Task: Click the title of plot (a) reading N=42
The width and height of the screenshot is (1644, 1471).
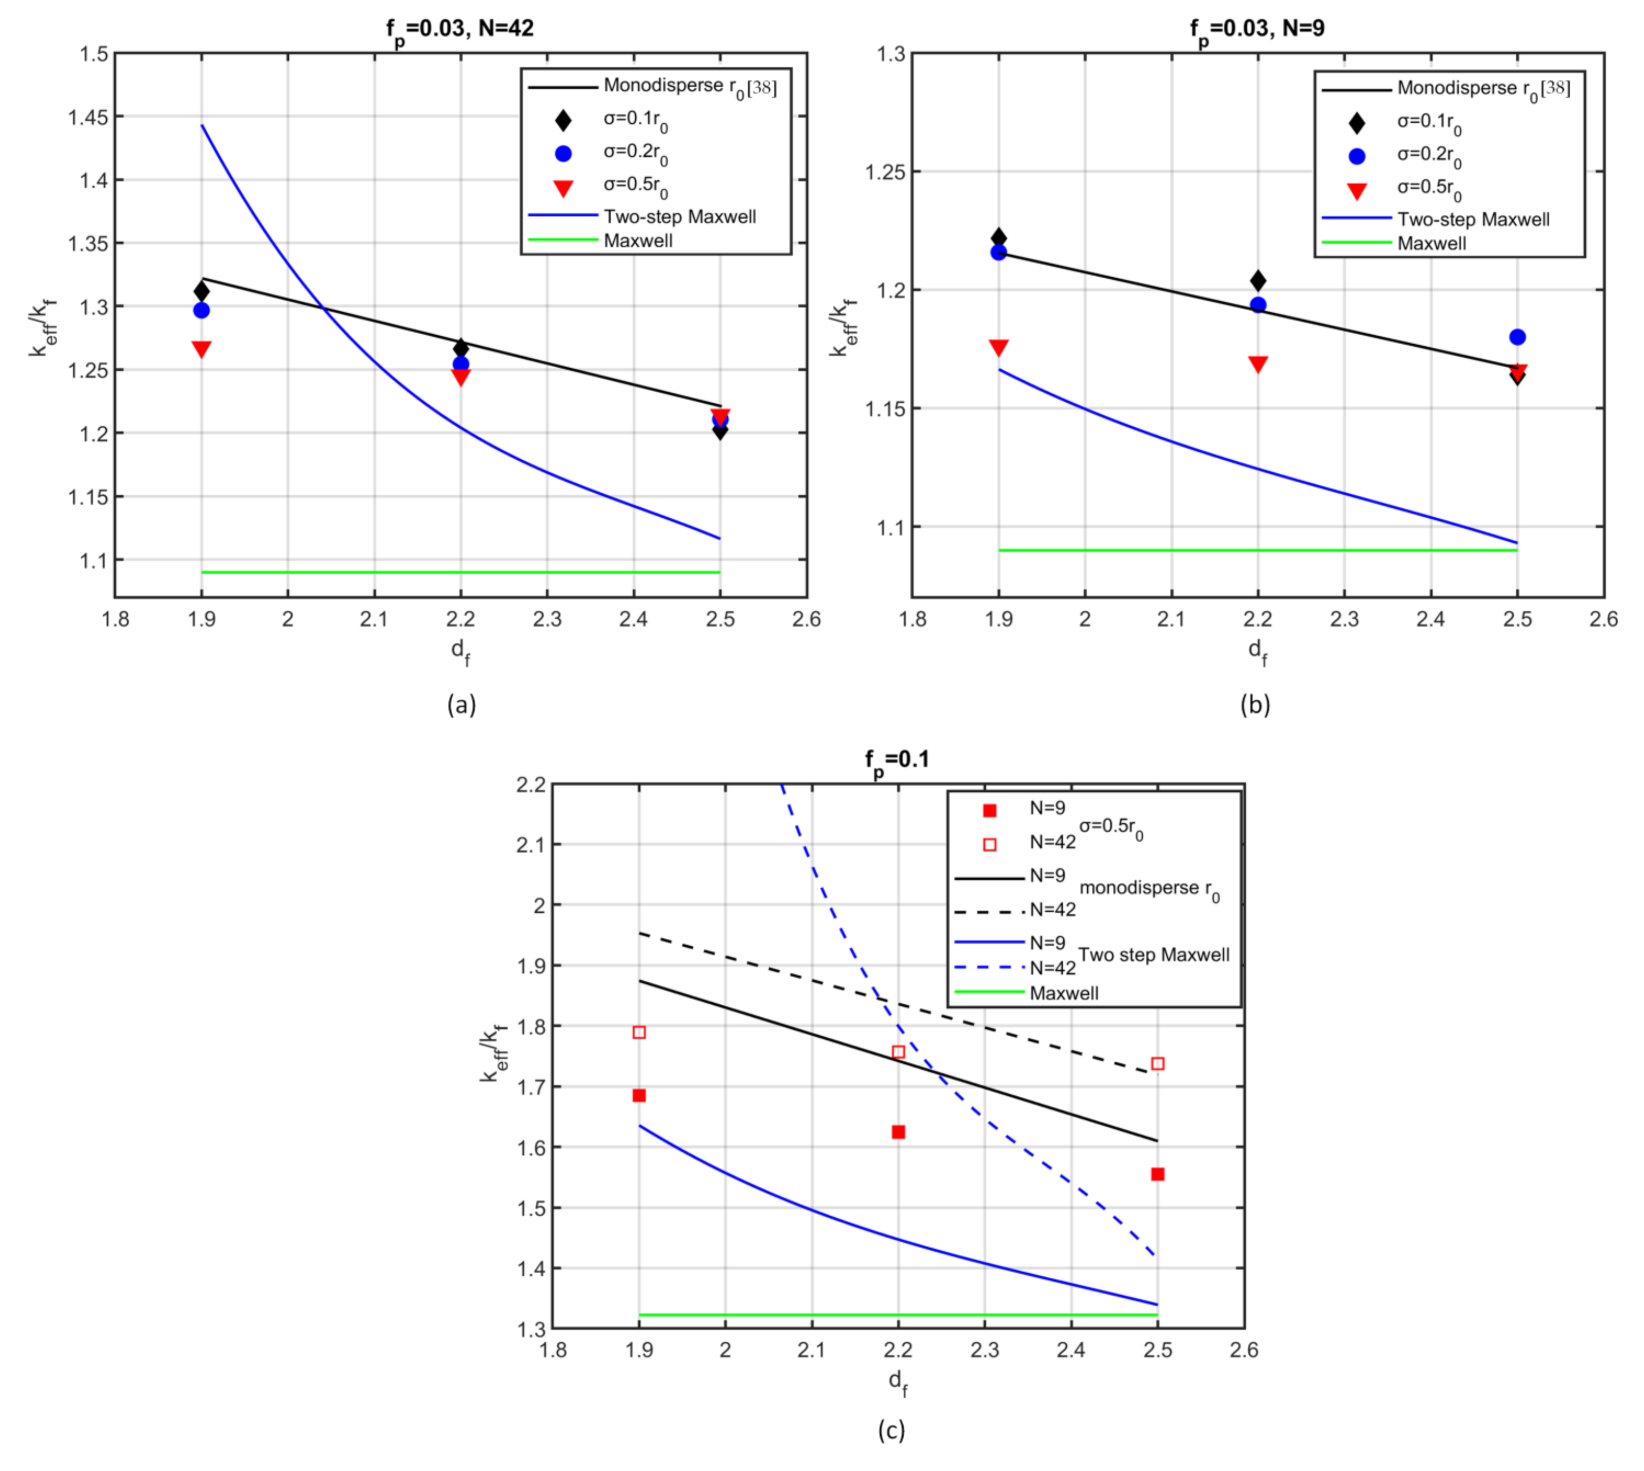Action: [459, 29]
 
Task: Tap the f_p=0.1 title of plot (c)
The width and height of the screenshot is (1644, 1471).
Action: [897, 760]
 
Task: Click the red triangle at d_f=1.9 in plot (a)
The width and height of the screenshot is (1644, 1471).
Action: [201, 349]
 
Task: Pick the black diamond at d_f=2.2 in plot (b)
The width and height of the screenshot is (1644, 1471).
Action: [1258, 281]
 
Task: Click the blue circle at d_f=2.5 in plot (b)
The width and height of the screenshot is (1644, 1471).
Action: [1517, 337]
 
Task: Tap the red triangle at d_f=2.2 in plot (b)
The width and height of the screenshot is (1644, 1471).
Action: [1258, 364]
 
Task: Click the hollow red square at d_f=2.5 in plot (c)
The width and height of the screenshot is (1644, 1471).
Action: [1157, 1063]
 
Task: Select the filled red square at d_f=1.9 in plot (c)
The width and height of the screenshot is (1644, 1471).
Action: [640, 1095]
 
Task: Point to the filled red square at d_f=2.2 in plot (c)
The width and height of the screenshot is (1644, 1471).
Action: [898, 1131]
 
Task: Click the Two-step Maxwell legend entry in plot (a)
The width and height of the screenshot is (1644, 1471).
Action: [679, 216]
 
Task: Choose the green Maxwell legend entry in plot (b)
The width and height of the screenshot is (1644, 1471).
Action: [1431, 243]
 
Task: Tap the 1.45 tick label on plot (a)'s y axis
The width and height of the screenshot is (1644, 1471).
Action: [87, 117]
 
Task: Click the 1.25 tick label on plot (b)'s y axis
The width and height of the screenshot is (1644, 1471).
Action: [885, 172]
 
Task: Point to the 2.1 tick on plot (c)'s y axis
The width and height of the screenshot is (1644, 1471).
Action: [531, 845]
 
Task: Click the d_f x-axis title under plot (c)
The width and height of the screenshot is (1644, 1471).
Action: [897, 1382]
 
